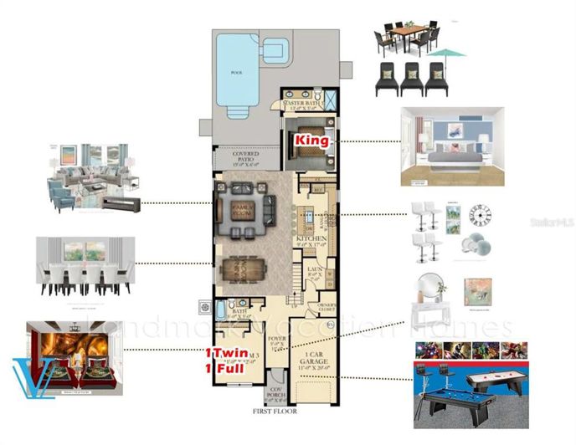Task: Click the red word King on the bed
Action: [311, 141]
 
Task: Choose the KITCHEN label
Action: [310, 238]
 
